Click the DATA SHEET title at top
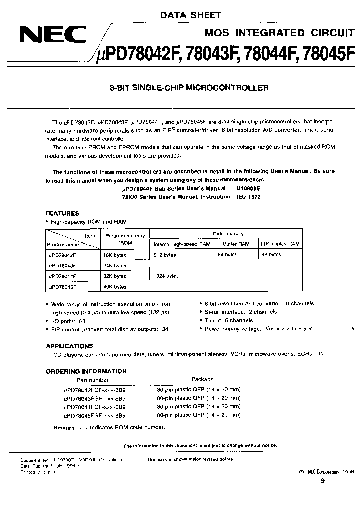click(190, 16)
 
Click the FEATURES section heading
click(62, 213)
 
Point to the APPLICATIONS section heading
click(69, 346)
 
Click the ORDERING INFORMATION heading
click(86, 371)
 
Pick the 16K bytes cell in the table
click(114, 254)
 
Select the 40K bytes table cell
click(114, 287)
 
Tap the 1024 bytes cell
click(166, 276)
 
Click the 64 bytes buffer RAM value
click(227, 254)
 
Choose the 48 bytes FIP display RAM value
click(271, 254)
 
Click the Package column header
click(203, 379)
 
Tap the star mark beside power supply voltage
click(353, 330)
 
